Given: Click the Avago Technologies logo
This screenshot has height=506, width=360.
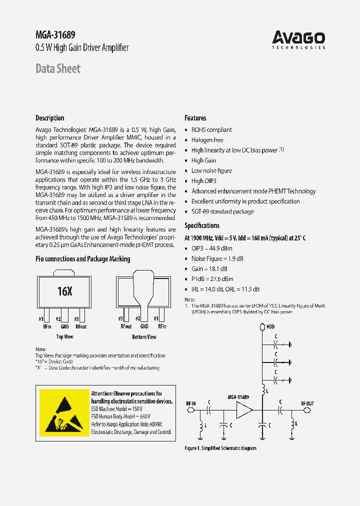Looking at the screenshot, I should [x=298, y=39].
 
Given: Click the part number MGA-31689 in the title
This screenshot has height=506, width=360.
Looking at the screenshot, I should [x=55, y=35].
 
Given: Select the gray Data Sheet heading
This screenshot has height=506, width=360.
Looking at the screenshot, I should [x=58, y=68].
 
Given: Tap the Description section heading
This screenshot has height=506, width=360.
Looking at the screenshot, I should [x=50, y=118].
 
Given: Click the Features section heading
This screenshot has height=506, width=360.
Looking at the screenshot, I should [x=195, y=118].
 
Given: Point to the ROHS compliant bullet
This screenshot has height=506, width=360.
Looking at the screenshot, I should [x=211, y=130].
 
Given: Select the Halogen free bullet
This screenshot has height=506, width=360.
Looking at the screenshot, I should [x=207, y=140].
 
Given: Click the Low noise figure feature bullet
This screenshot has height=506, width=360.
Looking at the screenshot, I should [x=211, y=170].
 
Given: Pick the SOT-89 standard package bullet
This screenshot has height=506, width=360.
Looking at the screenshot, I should [x=222, y=211].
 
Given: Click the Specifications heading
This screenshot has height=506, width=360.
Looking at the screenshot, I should [x=202, y=225].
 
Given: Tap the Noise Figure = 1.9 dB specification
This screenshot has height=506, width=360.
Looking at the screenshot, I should [x=217, y=258].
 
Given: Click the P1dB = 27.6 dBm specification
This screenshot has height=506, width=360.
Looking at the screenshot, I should [x=212, y=279].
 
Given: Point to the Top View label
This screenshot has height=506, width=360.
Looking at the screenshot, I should [x=64, y=337].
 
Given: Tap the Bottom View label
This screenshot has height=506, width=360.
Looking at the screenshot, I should [x=144, y=337].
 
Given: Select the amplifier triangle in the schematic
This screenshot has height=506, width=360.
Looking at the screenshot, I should [x=244, y=410].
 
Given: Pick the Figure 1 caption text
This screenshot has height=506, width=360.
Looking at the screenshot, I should [x=220, y=448].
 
